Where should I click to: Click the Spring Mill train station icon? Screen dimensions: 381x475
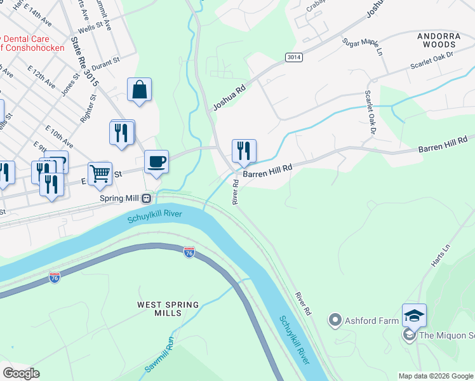(147, 197)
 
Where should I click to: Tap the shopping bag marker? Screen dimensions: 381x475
(139, 90)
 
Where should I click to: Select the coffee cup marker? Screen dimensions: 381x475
(156, 162)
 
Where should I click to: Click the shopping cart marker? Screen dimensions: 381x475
(100, 173)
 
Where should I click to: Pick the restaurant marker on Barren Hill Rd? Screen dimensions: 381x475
(244, 151)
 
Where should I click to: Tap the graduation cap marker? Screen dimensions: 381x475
(414, 316)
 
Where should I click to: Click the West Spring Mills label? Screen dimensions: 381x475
(168, 309)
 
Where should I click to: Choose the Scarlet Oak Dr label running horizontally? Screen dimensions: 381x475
(432, 61)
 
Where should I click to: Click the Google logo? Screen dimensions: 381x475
(22, 373)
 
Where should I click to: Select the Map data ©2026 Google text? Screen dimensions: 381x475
(435, 376)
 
